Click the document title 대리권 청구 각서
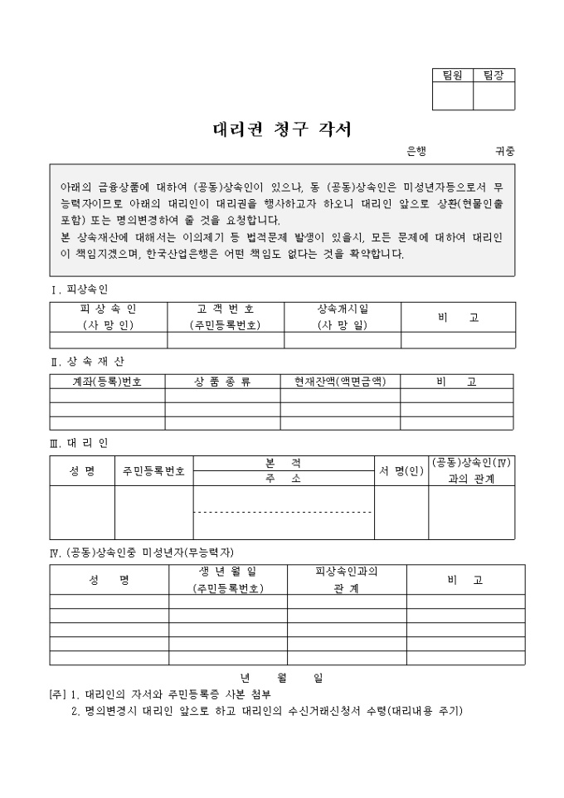[x=282, y=129]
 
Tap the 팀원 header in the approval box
[x=452, y=75]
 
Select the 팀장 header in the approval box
[x=494, y=75]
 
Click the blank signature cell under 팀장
[x=494, y=96]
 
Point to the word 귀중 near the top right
[x=504, y=152]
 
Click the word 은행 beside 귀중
[x=416, y=152]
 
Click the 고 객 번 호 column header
[x=226, y=309]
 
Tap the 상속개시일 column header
[x=343, y=309]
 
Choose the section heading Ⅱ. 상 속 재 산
[x=88, y=362]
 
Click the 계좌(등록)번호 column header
[x=107, y=382]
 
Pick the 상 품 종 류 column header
[x=222, y=382]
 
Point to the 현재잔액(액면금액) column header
[x=340, y=382]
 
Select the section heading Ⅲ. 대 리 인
[x=80, y=442]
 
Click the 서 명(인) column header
[x=401, y=470]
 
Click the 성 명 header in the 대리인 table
[x=81, y=470]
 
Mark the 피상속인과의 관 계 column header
[x=347, y=580]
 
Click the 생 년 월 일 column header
[x=227, y=572]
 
